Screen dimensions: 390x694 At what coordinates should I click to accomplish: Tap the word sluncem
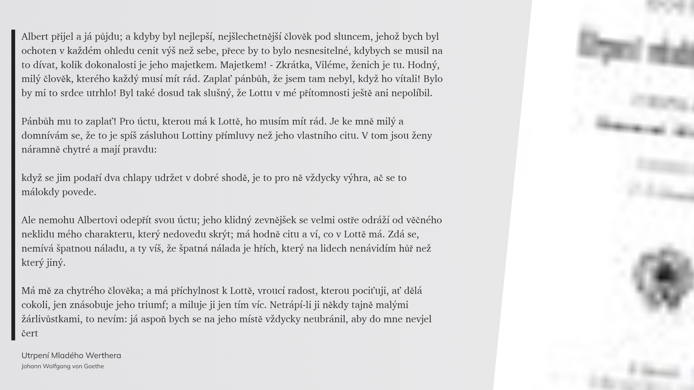347,37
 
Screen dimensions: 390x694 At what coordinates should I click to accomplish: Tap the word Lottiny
197,136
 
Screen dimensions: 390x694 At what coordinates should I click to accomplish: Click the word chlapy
137,178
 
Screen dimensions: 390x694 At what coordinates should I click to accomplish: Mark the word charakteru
109,234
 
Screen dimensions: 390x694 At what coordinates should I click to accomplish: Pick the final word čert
30,334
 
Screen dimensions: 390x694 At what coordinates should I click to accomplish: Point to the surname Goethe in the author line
94,366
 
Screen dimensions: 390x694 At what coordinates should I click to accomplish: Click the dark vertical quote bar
13,185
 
